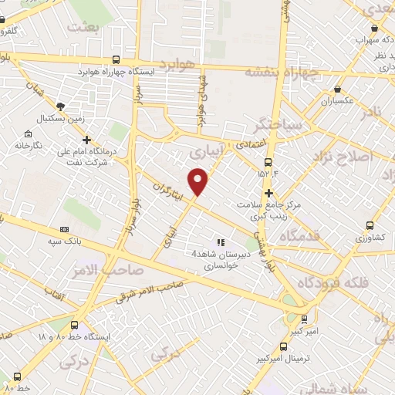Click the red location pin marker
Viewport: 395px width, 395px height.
199,181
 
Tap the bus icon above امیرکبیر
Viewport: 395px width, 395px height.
303,318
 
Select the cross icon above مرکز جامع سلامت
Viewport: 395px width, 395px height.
269,193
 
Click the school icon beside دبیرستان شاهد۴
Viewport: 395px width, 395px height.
221,242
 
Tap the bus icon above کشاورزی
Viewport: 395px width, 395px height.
370,226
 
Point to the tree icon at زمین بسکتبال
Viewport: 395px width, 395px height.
62,106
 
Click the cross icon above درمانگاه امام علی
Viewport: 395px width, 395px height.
86,140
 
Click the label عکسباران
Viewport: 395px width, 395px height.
337,101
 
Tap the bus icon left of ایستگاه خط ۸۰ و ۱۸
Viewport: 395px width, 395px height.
74,325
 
